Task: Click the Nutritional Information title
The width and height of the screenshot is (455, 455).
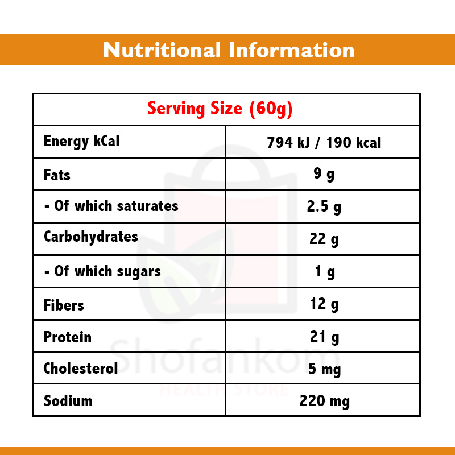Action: click(229, 50)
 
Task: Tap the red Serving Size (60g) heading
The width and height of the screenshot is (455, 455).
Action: click(220, 108)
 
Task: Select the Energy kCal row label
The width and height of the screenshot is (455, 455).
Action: click(81, 141)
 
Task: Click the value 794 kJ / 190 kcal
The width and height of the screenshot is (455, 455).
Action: click(324, 142)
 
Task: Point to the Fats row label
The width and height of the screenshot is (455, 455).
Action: click(57, 174)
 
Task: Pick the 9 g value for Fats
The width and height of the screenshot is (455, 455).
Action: click(324, 174)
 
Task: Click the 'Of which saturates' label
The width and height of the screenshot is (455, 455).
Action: click(111, 206)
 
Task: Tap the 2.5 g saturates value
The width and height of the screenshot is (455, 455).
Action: click(324, 207)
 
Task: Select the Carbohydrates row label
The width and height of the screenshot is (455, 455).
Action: click(90, 237)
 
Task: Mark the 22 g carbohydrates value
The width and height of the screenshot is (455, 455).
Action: click(324, 239)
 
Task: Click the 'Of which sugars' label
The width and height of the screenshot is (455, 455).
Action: click(102, 271)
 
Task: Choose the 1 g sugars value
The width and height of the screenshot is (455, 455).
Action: click(324, 272)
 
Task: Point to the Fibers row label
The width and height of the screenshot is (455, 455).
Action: click(64, 305)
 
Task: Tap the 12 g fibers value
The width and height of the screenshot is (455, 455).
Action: click(324, 304)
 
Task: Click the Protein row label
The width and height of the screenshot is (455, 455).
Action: click(67, 337)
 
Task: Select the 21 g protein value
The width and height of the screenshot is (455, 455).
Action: click(324, 337)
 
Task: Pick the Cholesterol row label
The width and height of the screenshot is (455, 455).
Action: click(81, 369)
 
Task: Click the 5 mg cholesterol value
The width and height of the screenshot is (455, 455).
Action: click(324, 370)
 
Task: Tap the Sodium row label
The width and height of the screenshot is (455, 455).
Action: click(68, 401)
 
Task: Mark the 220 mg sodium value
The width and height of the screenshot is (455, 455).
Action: click(324, 402)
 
